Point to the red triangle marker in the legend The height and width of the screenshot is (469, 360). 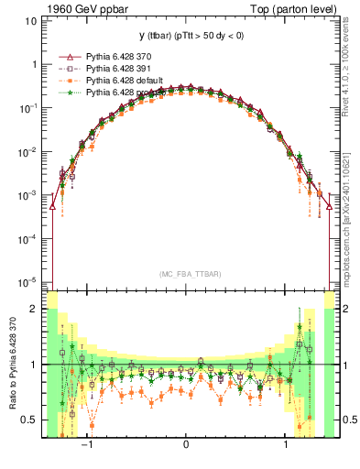67,57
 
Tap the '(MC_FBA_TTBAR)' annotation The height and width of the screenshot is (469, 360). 187,274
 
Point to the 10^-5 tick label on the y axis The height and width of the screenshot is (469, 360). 27,282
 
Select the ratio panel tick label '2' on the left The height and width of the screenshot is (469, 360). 34,310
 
